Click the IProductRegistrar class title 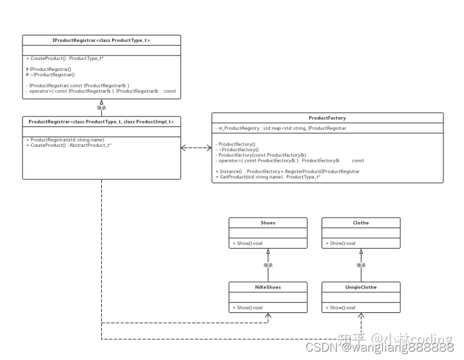(x=101, y=40)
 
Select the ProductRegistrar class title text (x=101, y=121)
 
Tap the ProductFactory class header (x=327, y=118)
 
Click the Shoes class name (x=268, y=223)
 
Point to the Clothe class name (x=361, y=223)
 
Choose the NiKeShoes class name (x=268, y=288)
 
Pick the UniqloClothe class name (x=361, y=288)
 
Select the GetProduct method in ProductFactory (x=268, y=176)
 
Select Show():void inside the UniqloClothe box (x=341, y=308)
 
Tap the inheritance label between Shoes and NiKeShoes (x=268, y=265)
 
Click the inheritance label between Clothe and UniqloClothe (x=362, y=265)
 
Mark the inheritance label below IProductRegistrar (x=102, y=108)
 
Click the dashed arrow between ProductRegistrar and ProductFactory (x=197, y=147)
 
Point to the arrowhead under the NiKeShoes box (x=268, y=316)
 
